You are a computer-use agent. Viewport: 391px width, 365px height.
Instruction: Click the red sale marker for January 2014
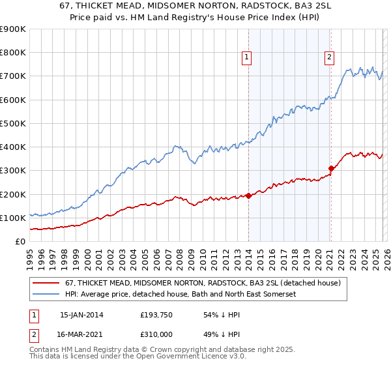tap(248, 196)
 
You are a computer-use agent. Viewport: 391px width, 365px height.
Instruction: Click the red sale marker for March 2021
tap(331, 168)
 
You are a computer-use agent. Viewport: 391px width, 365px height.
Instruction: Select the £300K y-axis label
tap(13, 171)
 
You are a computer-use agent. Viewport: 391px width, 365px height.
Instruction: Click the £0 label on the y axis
tap(21, 241)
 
